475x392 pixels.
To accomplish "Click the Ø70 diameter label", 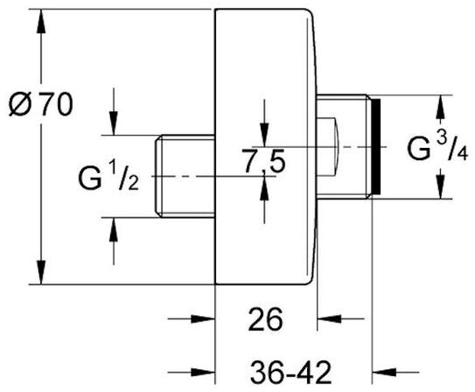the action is pyautogui.click(x=41, y=104).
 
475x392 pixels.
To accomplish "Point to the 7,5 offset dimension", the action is pyautogui.click(x=264, y=160).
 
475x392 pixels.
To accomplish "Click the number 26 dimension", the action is pyautogui.click(x=265, y=318).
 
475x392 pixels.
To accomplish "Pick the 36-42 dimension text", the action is pyautogui.click(x=290, y=372).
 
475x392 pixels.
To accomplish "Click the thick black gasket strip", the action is pyautogui.click(x=375, y=147).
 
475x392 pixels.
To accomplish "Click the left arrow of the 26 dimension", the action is pyautogui.click(x=203, y=318).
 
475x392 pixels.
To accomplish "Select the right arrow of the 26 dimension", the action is pyautogui.click(x=329, y=318).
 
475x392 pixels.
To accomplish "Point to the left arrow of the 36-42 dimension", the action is pyautogui.click(x=203, y=372).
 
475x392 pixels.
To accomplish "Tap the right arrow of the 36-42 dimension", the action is pyautogui.click(x=384, y=372).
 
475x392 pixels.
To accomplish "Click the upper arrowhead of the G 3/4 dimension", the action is pyautogui.click(x=440, y=107).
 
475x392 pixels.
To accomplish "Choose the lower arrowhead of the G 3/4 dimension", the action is pyautogui.click(x=440, y=187).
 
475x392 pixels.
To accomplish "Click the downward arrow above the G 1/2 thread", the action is pyautogui.click(x=114, y=123).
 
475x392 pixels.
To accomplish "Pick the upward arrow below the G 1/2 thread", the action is pyautogui.click(x=114, y=229).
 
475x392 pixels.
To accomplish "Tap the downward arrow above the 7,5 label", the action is pyautogui.click(x=264, y=135).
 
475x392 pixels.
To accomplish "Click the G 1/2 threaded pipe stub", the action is pyautogui.click(x=185, y=176).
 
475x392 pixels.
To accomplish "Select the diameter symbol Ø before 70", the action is pyautogui.click(x=20, y=104).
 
